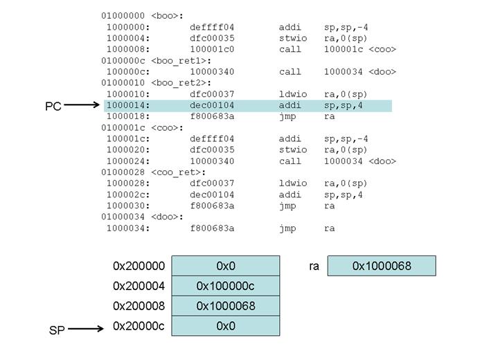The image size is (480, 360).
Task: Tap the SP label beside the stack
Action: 57,330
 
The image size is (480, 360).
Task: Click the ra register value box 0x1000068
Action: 382,266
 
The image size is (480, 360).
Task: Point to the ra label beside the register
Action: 314,266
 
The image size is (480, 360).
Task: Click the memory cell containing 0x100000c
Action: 226,286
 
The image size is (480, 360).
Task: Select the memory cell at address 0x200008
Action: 226,306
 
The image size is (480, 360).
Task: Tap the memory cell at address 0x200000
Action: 226,266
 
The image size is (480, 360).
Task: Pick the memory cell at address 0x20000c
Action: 226,326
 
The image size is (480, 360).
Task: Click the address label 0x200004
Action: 139,286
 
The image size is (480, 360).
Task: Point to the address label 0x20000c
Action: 139,326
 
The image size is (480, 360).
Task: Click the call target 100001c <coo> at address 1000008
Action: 359,49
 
